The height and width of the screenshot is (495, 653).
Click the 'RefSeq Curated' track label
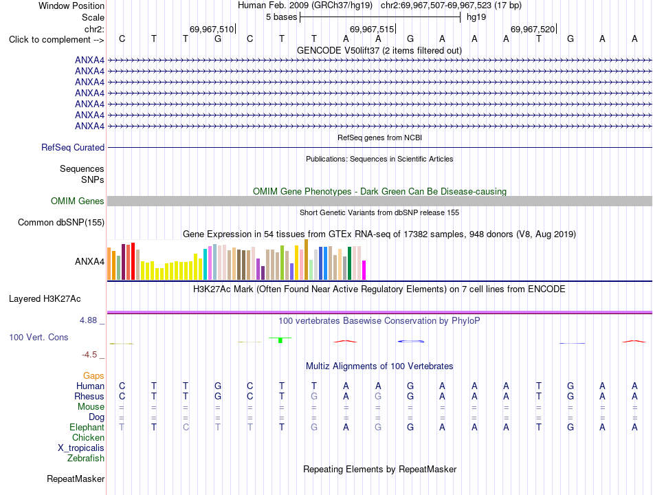click(73, 148)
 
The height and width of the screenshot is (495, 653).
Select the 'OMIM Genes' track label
click(78, 201)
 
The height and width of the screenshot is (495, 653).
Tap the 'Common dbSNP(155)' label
click(61, 223)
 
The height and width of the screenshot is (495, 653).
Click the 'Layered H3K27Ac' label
click(45, 299)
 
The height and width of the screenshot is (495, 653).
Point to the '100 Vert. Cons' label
click(38, 337)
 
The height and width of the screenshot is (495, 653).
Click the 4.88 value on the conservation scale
click(88, 320)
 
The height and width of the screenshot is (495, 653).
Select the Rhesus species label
click(89, 396)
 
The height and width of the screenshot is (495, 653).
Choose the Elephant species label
click(87, 427)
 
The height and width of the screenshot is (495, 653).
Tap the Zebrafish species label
click(86, 459)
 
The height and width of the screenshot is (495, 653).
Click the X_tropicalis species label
click(81, 448)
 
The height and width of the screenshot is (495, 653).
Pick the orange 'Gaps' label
click(93, 376)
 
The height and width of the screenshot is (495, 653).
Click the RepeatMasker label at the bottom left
click(76, 478)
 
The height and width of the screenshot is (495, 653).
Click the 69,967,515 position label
click(371, 29)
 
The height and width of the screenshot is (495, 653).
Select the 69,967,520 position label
click(533, 29)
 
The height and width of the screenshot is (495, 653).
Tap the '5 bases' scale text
click(282, 17)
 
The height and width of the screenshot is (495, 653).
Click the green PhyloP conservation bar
click(280, 340)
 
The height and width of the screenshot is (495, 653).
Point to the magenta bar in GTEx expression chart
click(364, 270)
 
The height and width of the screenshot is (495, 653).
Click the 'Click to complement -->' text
click(56, 40)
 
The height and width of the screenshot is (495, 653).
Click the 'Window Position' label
click(71, 5)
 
